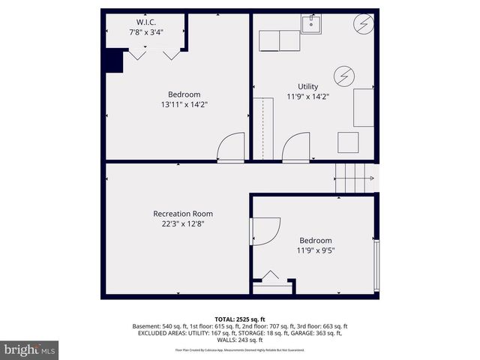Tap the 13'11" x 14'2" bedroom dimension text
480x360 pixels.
point(184,105)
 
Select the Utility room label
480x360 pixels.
point(308,86)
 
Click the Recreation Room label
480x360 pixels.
point(177,214)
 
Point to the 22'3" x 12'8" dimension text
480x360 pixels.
point(177,224)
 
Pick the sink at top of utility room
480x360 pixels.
point(312,24)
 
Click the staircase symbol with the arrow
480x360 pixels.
point(352,178)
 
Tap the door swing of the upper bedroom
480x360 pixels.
point(230,146)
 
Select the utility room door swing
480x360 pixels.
point(296,146)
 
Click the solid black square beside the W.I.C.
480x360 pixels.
point(114,61)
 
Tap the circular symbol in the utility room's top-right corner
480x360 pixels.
point(364,25)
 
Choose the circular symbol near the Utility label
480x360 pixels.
point(344,76)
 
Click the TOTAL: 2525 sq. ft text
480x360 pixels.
point(239,319)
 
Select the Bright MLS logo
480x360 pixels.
point(30,349)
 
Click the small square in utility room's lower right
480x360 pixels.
point(348,142)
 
